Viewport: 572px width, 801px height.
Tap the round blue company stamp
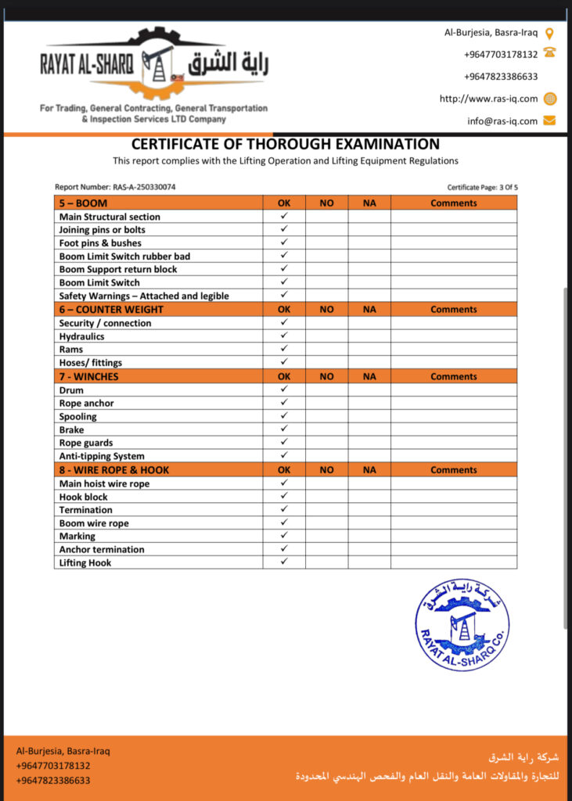462,625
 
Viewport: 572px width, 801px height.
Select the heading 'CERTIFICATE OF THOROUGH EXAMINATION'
285,144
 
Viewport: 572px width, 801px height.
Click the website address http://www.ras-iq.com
488,99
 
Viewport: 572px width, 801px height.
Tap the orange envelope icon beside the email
550,120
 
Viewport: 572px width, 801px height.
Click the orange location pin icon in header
549,33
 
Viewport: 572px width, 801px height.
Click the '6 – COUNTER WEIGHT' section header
111,310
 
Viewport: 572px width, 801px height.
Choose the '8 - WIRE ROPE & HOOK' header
114,470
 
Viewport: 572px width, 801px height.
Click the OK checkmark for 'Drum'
284,390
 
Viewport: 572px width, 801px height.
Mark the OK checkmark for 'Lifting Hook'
284,562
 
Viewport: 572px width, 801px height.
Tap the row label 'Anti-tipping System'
102,456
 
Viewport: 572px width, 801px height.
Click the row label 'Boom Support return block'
118,269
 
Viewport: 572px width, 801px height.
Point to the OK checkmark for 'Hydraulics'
284,336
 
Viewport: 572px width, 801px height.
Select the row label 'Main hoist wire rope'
104,483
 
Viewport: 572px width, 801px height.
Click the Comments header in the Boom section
453,203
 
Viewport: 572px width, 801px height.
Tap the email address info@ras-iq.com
502,121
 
